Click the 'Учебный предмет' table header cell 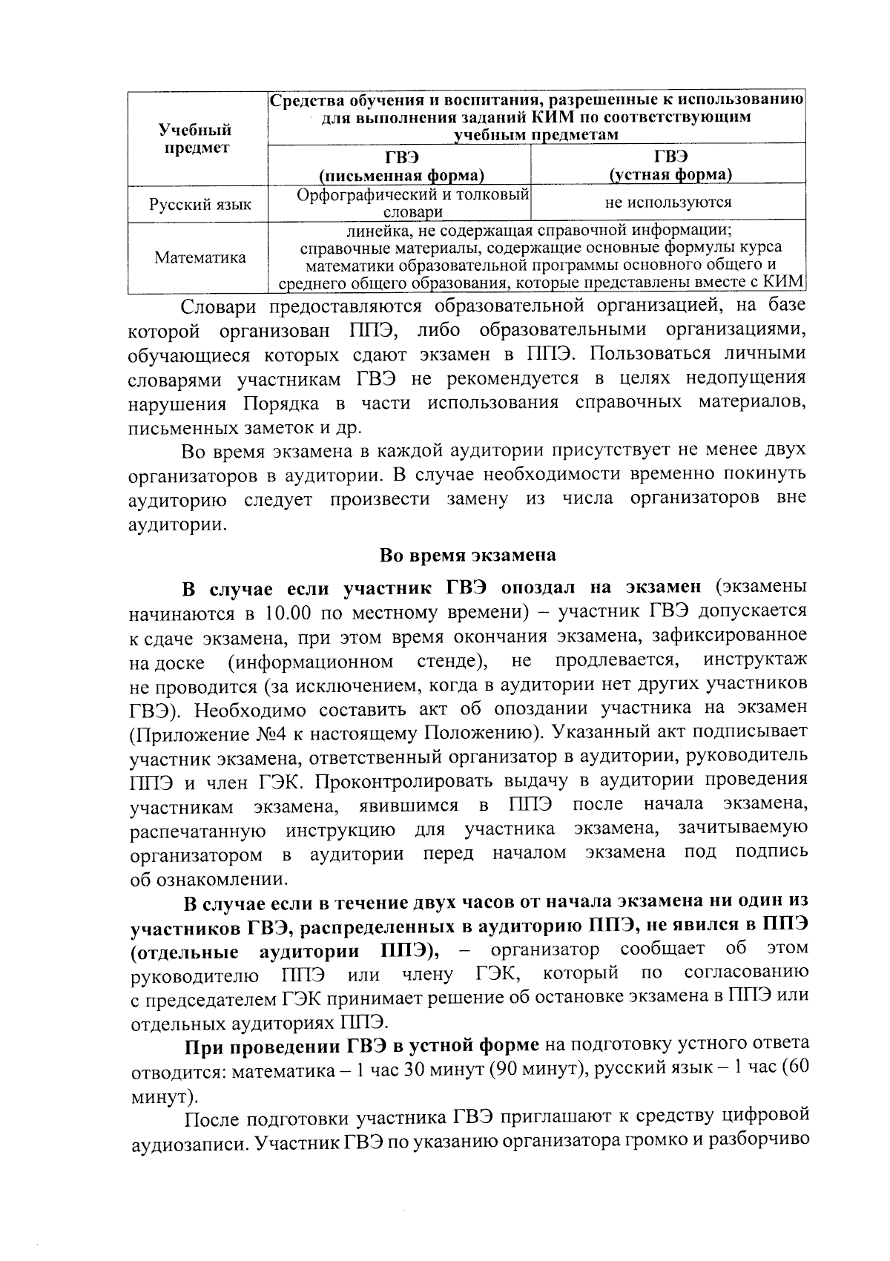[x=197, y=139]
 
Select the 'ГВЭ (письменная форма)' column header [x=401, y=165]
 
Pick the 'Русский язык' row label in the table [x=200, y=204]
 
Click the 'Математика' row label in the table [x=200, y=257]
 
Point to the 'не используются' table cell [x=668, y=202]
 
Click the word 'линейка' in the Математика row [x=362, y=229]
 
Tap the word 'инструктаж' [x=755, y=659]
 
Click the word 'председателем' [x=210, y=998]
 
